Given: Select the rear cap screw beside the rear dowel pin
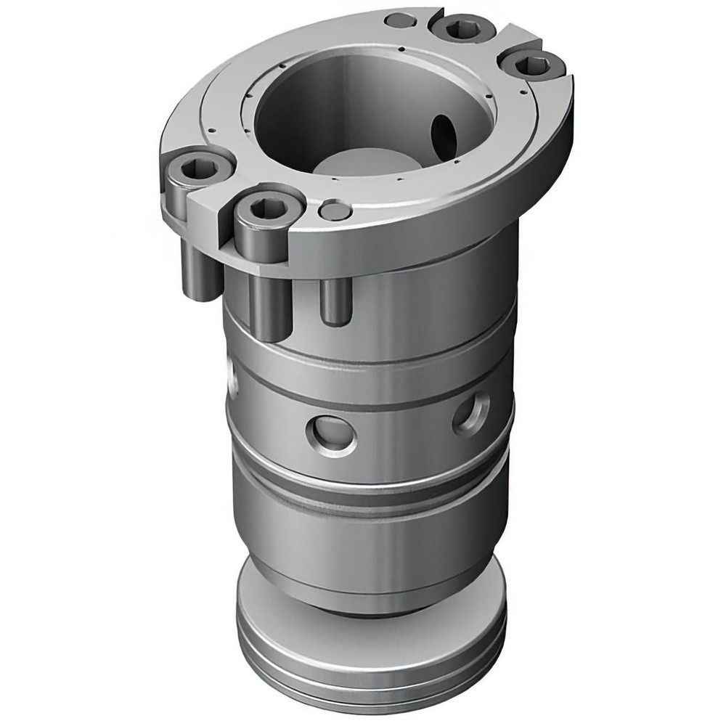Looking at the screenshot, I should pos(460,30).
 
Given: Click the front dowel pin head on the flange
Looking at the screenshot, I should pos(333,211).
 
